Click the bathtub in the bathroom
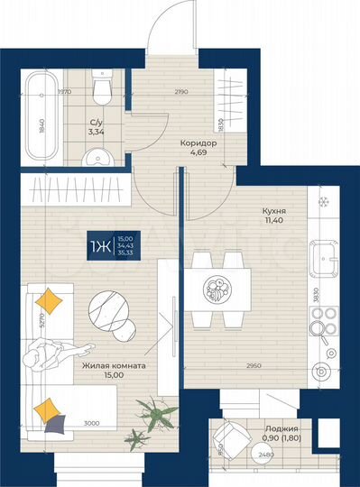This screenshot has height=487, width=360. [42, 114]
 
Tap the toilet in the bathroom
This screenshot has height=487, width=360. [102, 89]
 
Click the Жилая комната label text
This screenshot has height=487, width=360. [114, 367]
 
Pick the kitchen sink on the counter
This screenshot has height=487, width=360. [323, 261]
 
